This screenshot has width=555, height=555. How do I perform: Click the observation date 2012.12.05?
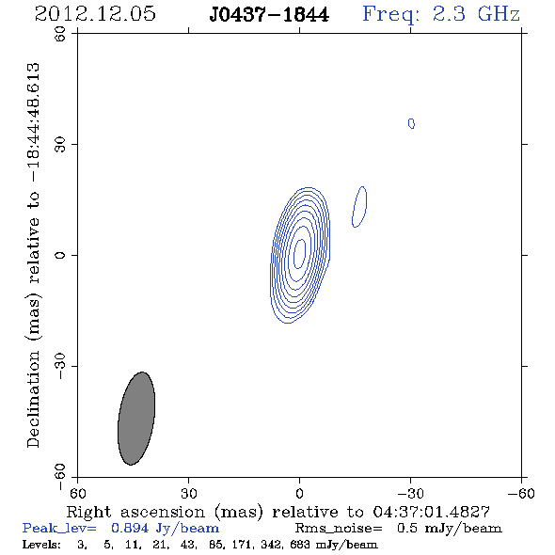(95, 14)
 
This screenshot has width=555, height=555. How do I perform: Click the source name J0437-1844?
(269, 14)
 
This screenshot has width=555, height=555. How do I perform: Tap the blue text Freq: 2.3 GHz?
(441, 14)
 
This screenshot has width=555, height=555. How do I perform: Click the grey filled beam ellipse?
(136, 419)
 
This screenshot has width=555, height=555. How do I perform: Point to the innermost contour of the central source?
(299, 254)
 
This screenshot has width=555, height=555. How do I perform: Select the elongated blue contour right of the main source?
(359, 207)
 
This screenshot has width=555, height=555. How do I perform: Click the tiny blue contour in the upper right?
(411, 123)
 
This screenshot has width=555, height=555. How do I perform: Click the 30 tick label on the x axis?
(189, 493)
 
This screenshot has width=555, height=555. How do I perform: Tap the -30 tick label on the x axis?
(410, 493)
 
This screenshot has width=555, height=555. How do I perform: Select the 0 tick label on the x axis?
(299, 493)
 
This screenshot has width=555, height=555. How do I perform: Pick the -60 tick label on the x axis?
(521, 493)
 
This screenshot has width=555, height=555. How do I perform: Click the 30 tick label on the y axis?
(60, 145)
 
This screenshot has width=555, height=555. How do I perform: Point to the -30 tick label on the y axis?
(60, 366)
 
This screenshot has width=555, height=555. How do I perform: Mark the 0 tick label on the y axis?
(60, 255)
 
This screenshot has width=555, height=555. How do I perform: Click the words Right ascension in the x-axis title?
(135, 512)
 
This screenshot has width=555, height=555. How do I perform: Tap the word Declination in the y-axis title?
(33, 399)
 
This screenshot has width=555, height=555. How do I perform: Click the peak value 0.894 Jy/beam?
(165, 528)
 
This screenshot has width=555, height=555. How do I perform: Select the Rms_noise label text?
(339, 528)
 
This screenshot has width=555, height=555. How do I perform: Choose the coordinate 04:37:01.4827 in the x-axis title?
(431, 512)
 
